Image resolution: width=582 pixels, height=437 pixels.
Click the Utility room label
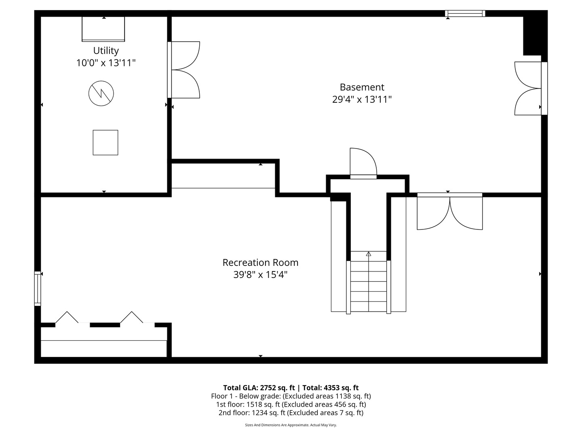tap(106, 51)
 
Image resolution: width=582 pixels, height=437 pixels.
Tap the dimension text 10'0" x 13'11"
tap(106, 63)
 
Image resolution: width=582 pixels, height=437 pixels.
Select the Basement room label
tap(362, 87)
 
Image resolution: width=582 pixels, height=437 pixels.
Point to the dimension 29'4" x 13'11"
tap(362, 100)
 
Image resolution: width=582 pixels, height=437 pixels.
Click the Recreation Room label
tap(260, 262)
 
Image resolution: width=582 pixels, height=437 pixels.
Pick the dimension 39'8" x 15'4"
tap(260, 275)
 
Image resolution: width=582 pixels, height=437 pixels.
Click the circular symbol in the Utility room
tap(101, 93)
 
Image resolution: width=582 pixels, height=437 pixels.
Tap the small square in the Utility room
tap(105, 142)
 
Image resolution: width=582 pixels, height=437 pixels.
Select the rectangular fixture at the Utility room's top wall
tap(103, 29)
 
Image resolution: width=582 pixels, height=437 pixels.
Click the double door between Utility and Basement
tap(184, 70)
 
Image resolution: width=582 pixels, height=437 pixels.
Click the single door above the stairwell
tap(363, 163)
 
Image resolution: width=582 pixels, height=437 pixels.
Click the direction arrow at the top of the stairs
tap(368, 254)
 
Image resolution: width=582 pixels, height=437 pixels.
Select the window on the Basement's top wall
tap(465, 13)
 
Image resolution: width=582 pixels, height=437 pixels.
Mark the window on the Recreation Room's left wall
tap(38, 288)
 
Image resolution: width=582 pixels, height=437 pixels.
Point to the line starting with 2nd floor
tap(291, 413)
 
